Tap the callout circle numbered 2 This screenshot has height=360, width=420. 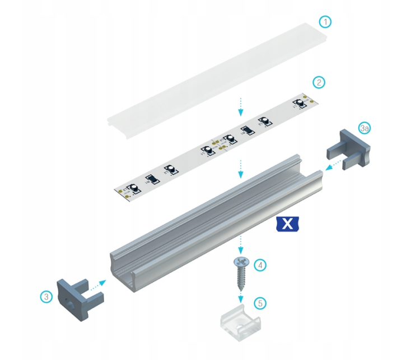tap(319, 82)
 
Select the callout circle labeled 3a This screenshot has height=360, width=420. tap(365, 128)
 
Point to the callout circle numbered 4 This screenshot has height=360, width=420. tap(259, 265)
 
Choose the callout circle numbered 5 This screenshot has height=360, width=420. tap(259, 303)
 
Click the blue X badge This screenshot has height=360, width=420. tap(287, 224)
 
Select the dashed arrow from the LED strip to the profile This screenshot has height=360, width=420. tap(241, 169)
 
